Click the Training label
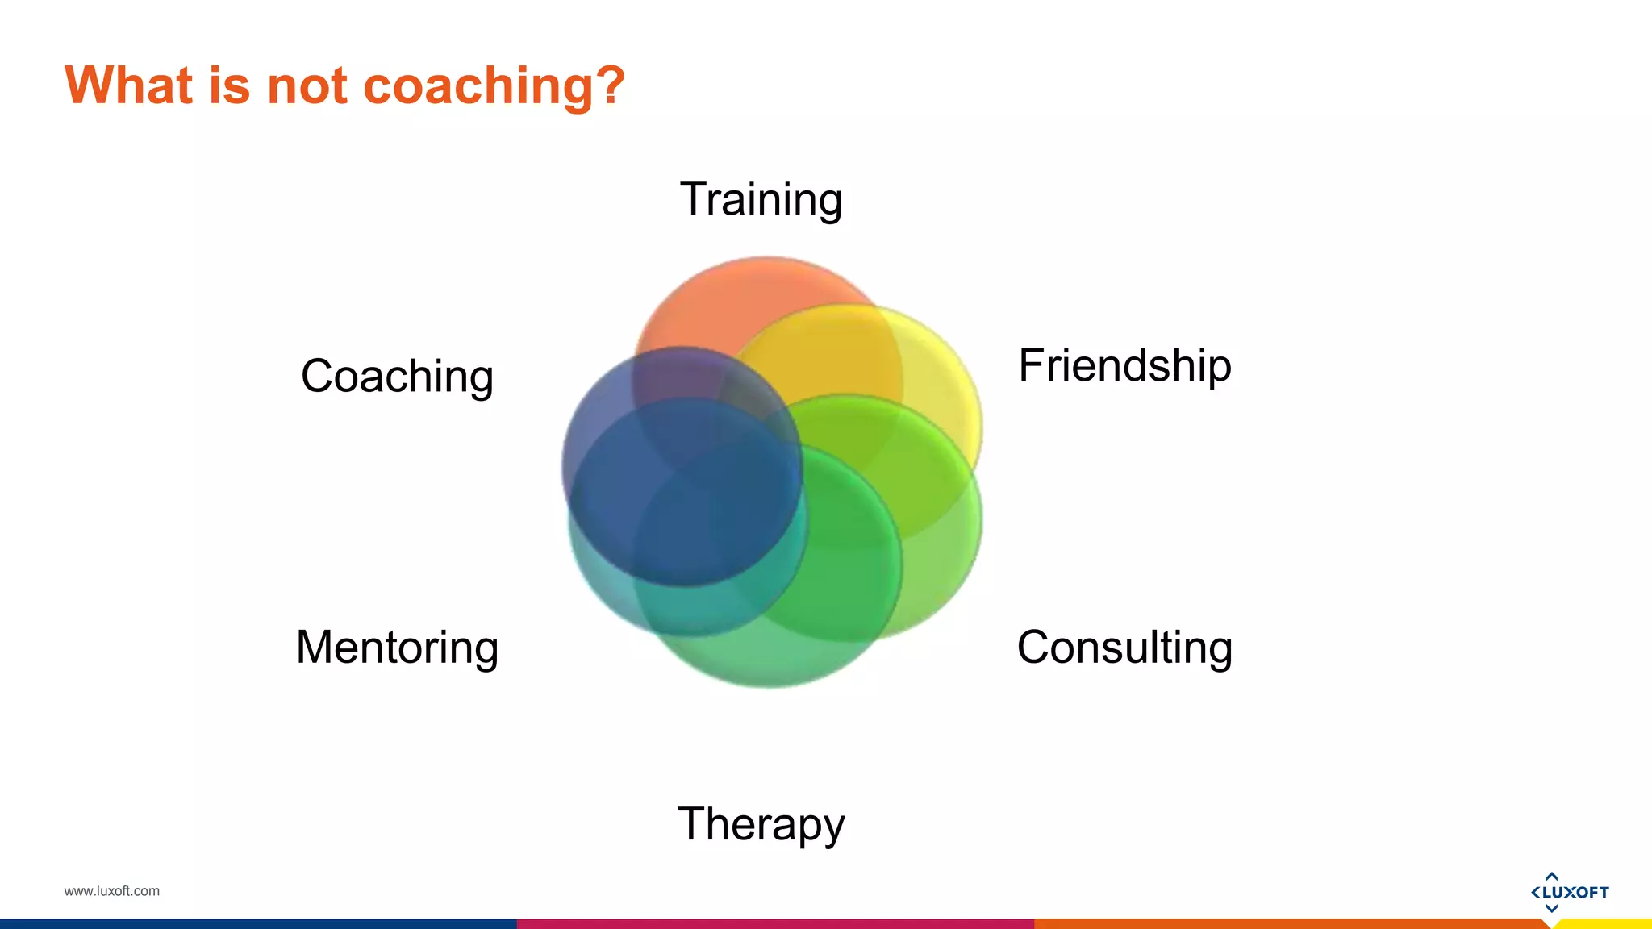[x=761, y=200]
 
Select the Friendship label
[x=1124, y=366]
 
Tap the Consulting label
[x=1124, y=648]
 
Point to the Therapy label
[x=761, y=825]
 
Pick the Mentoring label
[x=397, y=648]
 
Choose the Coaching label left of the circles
[x=397, y=377]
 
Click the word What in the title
[x=129, y=85]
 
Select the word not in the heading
[x=307, y=85]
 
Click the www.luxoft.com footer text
[x=111, y=891]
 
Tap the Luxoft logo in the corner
[x=1569, y=892]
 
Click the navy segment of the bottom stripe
[x=258, y=924]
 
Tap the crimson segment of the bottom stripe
[x=774, y=924]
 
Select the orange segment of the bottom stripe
[x=1291, y=924]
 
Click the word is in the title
[x=229, y=85]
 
